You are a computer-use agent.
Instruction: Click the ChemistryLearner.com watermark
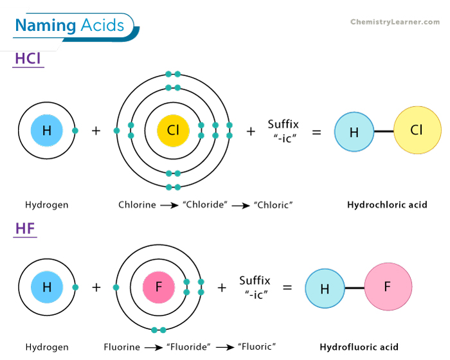395,22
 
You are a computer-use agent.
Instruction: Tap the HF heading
25,228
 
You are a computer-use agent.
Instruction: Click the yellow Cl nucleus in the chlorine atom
173,130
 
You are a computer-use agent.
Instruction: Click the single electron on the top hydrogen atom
75,130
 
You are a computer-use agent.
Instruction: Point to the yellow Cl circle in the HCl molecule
417,130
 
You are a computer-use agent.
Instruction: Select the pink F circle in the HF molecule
388,287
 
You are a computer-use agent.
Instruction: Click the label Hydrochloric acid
387,205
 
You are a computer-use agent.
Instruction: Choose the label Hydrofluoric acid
359,347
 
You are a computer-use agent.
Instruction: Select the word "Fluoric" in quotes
256,347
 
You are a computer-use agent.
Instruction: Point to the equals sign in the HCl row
316,131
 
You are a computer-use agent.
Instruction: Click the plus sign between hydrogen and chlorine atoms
96,131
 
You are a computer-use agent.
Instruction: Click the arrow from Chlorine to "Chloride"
170,205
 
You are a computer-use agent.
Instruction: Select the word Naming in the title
46,26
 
